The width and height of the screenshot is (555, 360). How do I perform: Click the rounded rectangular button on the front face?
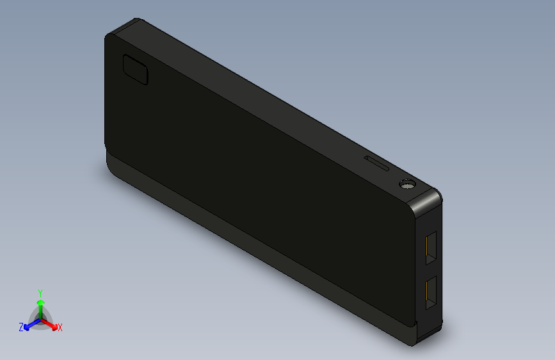[x=136, y=70]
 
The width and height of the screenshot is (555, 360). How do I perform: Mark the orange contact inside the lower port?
[x=426, y=293]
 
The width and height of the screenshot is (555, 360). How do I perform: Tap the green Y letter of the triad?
[x=40, y=292]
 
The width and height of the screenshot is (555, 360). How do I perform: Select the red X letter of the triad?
[x=60, y=328]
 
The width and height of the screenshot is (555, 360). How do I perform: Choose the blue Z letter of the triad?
[x=21, y=327]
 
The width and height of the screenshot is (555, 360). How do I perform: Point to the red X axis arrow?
[x=52, y=324]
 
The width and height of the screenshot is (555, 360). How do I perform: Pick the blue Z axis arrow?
[x=29, y=325]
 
